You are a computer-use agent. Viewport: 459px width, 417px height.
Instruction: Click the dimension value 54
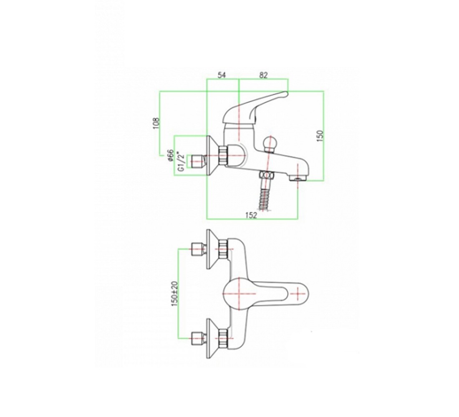pyautogui.click(x=222, y=75)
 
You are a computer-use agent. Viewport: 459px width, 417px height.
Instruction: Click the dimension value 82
pyautogui.click(x=263, y=75)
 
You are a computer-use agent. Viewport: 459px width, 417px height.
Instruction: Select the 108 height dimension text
pyautogui.click(x=156, y=123)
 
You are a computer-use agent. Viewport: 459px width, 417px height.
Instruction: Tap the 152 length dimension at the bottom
pyautogui.click(x=251, y=215)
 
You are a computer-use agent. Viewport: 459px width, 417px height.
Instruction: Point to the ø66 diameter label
pyautogui.click(x=171, y=155)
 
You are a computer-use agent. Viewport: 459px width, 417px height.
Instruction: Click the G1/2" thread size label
pyautogui.click(x=182, y=162)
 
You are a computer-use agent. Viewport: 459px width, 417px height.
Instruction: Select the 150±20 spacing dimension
pyautogui.click(x=175, y=294)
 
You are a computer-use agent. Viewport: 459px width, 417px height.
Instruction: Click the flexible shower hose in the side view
pyautogui.click(x=266, y=199)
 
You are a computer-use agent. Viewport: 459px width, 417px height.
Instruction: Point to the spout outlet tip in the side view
pyautogui.click(x=298, y=178)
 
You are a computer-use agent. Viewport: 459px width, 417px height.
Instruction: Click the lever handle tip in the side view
pyautogui.click(x=286, y=94)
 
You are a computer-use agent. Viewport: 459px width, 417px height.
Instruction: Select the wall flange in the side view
pyautogui.click(x=213, y=156)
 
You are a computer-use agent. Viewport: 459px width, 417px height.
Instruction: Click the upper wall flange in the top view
pyautogui.click(x=213, y=249)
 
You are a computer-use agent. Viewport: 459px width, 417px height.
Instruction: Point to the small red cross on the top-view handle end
pyautogui.click(x=298, y=293)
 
